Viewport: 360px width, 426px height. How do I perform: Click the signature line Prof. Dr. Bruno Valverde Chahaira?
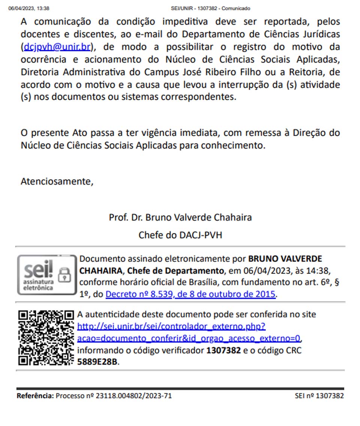pyautogui.click(x=180, y=217)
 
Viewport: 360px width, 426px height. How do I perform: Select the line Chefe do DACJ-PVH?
pyautogui.click(x=180, y=235)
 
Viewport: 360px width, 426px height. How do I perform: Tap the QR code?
pyautogui.click(x=46, y=338)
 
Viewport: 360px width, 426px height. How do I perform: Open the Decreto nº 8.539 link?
pyautogui.click(x=190, y=294)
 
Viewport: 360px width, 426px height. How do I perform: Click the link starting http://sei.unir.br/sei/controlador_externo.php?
pyautogui.click(x=171, y=326)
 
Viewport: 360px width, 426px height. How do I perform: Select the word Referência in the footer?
pyautogui.click(x=35, y=396)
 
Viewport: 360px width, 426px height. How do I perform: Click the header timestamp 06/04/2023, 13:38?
pyautogui.click(x=29, y=8)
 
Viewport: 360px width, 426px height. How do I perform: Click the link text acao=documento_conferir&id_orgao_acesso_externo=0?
pyautogui.click(x=189, y=338)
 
